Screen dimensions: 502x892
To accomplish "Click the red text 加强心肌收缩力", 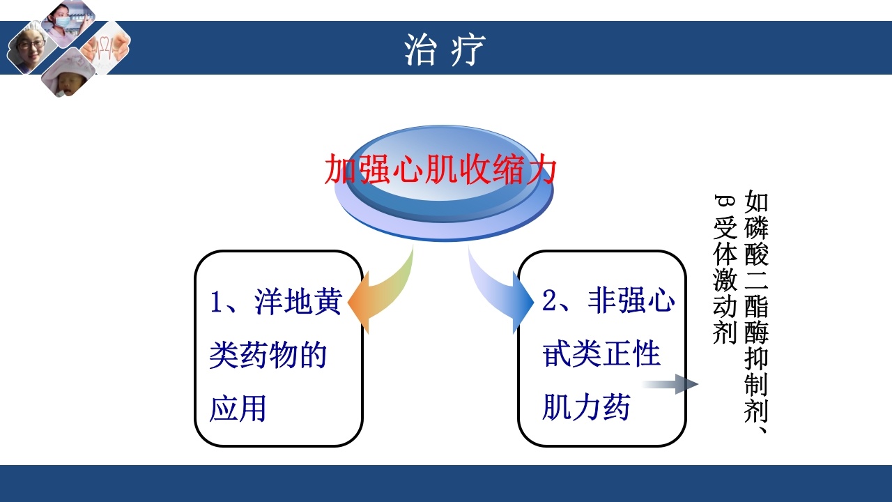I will [x=441, y=169].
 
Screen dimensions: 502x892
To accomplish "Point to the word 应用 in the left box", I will [x=238, y=409].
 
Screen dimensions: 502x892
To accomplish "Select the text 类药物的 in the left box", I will [x=268, y=356].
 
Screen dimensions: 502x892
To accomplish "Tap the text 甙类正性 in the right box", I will [x=601, y=354].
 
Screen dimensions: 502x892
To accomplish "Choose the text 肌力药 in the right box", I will [x=586, y=407].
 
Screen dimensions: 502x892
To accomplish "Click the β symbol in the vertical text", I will [x=725, y=202].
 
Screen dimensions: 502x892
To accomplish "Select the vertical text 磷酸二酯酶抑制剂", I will [x=757, y=321].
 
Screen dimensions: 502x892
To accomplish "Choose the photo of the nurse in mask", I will [x=68, y=21].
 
